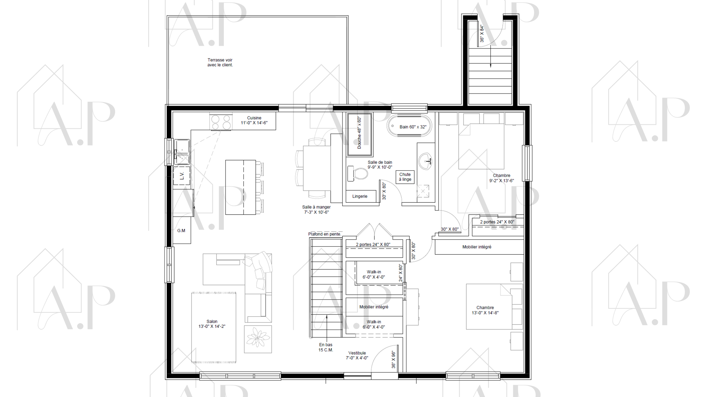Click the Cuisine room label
click(254, 120)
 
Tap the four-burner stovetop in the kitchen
click(221, 122)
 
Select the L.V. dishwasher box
click(182, 176)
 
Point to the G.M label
click(181, 231)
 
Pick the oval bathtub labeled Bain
click(409, 126)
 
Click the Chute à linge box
click(405, 177)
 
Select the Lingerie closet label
click(360, 196)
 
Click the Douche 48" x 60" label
click(359, 133)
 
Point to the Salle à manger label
click(316, 210)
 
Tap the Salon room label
click(212, 324)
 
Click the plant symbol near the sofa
click(258, 339)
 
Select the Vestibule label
click(357, 355)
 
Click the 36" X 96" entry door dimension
click(394, 359)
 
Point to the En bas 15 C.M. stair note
click(326, 347)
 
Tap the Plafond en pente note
click(324, 234)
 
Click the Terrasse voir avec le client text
click(220, 62)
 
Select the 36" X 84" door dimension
click(482, 34)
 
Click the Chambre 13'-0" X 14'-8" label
click(485, 310)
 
